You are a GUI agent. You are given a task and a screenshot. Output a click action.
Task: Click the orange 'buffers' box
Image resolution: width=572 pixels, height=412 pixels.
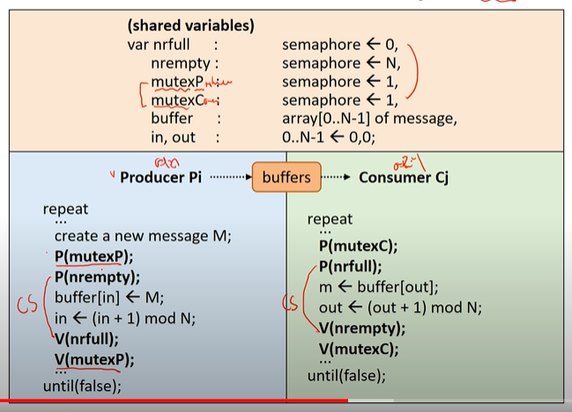click(286, 177)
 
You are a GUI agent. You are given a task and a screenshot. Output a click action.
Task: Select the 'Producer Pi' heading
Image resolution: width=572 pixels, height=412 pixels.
click(160, 177)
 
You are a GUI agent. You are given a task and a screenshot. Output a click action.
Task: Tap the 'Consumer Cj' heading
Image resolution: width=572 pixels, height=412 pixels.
click(404, 177)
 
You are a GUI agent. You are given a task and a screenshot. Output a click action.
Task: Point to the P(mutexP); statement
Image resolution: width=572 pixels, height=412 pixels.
click(93, 256)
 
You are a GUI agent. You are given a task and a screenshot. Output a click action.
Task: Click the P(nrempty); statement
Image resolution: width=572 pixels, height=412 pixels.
click(97, 276)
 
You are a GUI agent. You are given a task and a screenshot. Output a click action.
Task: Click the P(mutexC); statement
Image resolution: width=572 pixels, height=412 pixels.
click(358, 246)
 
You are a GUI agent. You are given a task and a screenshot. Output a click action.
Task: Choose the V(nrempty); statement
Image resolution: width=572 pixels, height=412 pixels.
click(362, 327)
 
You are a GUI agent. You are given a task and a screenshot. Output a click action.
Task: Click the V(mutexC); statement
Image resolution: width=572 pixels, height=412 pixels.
click(359, 348)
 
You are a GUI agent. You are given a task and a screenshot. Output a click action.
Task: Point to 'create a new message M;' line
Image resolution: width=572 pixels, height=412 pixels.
click(142, 236)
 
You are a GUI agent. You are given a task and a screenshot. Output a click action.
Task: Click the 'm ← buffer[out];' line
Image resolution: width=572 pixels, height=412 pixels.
click(378, 286)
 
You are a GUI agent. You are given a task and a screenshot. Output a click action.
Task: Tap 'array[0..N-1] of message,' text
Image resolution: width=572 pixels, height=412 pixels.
click(370, 119)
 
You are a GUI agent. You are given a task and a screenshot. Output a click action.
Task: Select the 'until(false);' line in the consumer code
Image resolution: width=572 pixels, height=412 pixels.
click(346, 376)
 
